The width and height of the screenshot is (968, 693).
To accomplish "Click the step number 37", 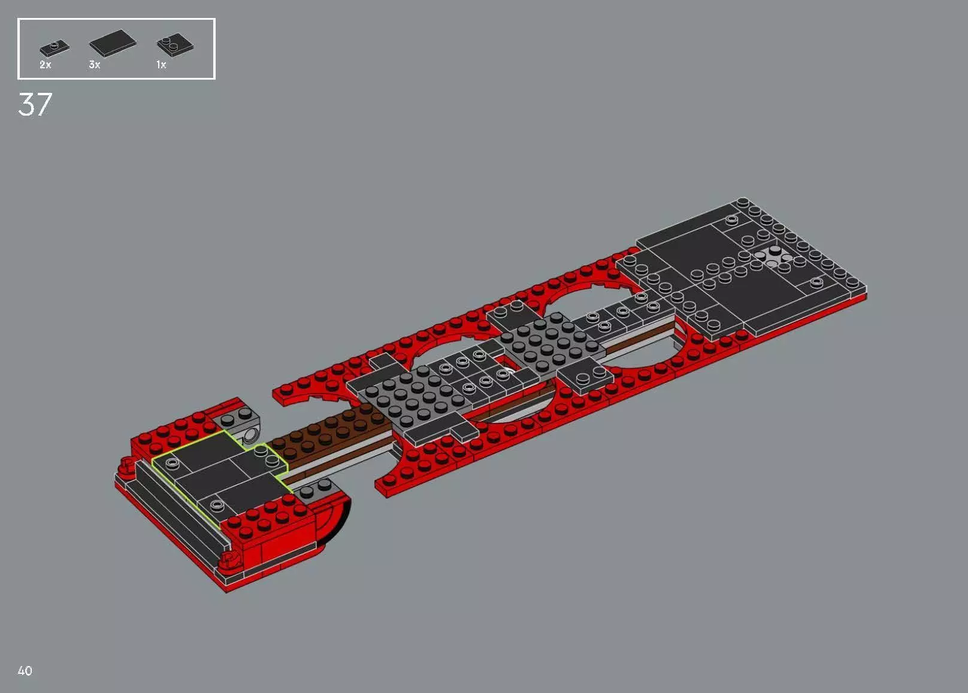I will pos(35,105).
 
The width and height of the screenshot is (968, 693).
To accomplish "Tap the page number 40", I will pos(25,671).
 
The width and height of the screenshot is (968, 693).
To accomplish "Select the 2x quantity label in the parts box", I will pos(46,65).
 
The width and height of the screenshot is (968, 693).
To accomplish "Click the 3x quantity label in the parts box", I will pos(95,65).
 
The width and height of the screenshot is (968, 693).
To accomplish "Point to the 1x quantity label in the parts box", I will pos(161,65).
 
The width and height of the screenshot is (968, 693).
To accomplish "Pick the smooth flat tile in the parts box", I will pos(113,43).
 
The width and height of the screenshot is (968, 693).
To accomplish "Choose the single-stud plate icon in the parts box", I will pos(54,47).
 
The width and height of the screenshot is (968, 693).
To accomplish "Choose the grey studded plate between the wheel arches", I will pos(548,341).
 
